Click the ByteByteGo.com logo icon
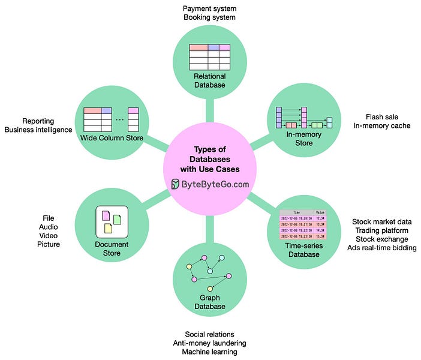point(176,184)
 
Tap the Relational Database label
point(209,80)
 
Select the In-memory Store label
point(304,139)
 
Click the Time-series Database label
point(303,250)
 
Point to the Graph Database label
point(209,302)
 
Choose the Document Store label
point(112,249)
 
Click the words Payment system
point(209,8)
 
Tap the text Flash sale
point(383,116)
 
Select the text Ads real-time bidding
point(382,247)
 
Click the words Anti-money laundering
point(209,343)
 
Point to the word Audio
point(49,227)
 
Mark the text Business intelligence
point(38,130)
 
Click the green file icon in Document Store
point(117,219)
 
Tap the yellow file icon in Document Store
point(108,228)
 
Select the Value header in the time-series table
point(320,212)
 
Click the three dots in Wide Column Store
point(119,119)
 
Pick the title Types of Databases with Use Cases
point(209,159)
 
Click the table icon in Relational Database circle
point(209,58)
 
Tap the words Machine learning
point(209,352)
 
